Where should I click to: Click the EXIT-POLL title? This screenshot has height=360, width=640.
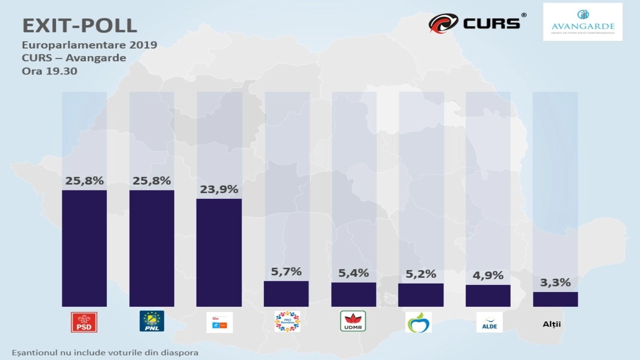(x=80, y=26)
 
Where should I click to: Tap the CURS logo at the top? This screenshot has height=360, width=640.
(x=477, y=23)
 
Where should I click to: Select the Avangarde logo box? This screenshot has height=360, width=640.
(x=582, y=22)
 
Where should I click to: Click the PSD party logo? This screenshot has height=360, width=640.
(x=84, y=322)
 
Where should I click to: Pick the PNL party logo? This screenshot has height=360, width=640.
(x=152, y=321)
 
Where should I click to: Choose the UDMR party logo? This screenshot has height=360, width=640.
(x=353, y=321)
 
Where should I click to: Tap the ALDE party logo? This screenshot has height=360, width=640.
(x=489, y=322)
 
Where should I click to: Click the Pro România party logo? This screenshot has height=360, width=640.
(x=287, y=322)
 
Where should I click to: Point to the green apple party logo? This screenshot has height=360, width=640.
(x=418, y=322)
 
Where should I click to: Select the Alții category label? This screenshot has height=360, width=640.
(x=552, y=324)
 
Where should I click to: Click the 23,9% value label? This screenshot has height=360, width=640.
(x=219, y=189)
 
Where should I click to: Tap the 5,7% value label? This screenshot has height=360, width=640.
(x=286, y=272)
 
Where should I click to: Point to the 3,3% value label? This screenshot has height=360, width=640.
(x=555, y=283)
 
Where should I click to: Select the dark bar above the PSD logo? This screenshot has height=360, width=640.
(x=84, y=248)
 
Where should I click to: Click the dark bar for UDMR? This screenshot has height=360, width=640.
(x=354, y=294)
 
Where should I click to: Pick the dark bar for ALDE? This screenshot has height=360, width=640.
(x=488, y=296)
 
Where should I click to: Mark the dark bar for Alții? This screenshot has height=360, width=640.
(x=555, y=299)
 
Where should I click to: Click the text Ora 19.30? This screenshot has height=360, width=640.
(x=50, y=71)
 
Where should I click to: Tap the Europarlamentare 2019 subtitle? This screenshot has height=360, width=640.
(x=90, y=45)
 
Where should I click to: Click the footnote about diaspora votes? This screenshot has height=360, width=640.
(x=105, y=353)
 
